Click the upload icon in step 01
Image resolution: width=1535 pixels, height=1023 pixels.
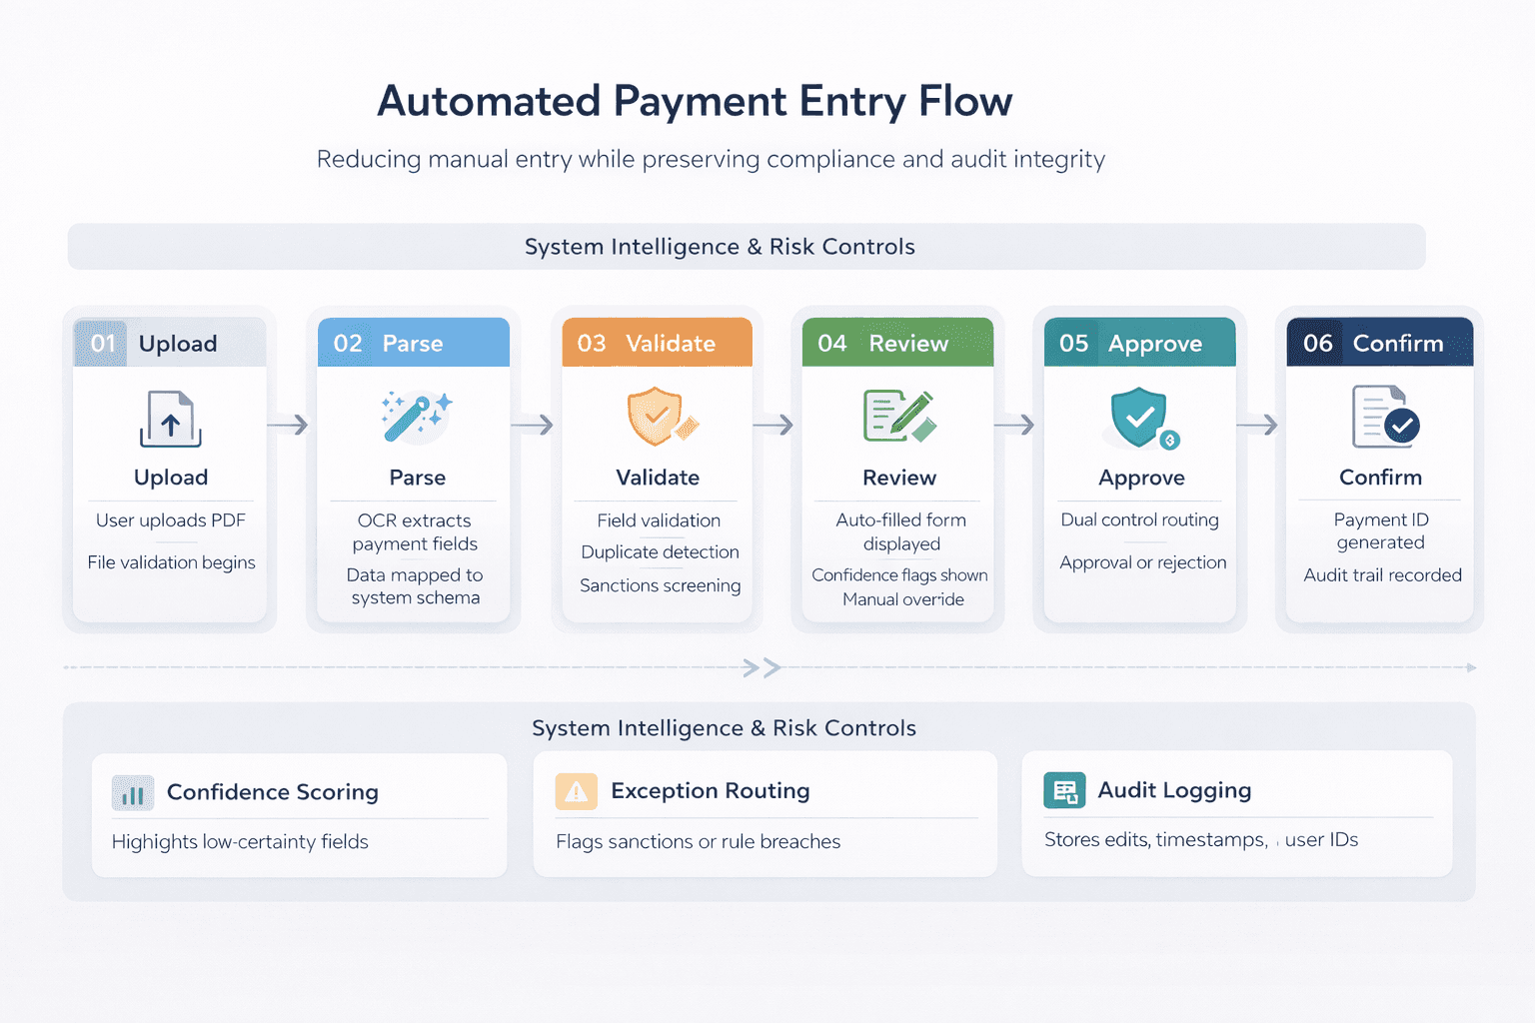(x=171, y=420)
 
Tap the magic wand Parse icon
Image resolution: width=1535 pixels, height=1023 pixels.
(x=417, y=417)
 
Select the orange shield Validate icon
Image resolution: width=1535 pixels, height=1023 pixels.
(x=659, y=417)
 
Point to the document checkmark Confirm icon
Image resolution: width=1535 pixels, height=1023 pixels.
(x=1384, y=417)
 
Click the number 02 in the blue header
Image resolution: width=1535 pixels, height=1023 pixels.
(x=348, y=344)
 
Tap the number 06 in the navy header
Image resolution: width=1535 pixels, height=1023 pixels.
(x=1317, y=344)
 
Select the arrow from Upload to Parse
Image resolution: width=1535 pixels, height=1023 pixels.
(x=289, y=426)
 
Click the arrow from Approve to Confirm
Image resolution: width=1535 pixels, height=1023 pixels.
(x=1257, y=426)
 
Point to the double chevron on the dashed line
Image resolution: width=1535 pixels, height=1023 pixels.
(x=762, y=667)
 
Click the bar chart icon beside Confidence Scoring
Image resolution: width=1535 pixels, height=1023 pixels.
(x=133, y=793)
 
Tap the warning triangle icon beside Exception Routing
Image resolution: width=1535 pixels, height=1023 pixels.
(x=576, y=792)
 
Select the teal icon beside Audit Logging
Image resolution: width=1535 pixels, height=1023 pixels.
(x=1064, y=791)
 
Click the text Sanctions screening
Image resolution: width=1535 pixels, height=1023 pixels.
(x=660, y=585)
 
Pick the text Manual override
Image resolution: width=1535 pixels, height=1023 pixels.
(x=902, y=599)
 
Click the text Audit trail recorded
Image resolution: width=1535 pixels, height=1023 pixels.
(x=1382, y=575)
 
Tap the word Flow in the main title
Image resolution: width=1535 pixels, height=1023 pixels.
(x=965, y=102)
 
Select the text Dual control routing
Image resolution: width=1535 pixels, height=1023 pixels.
(x=1139, y=519)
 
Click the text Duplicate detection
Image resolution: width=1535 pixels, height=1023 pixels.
(x=660, y=552)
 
